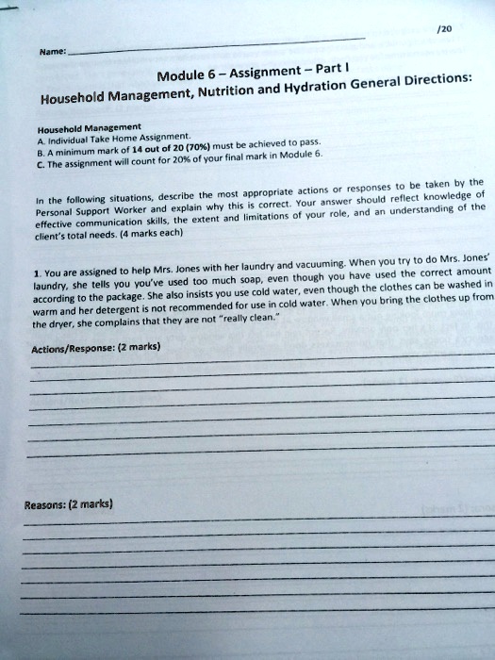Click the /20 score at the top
(x=445, y=29)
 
